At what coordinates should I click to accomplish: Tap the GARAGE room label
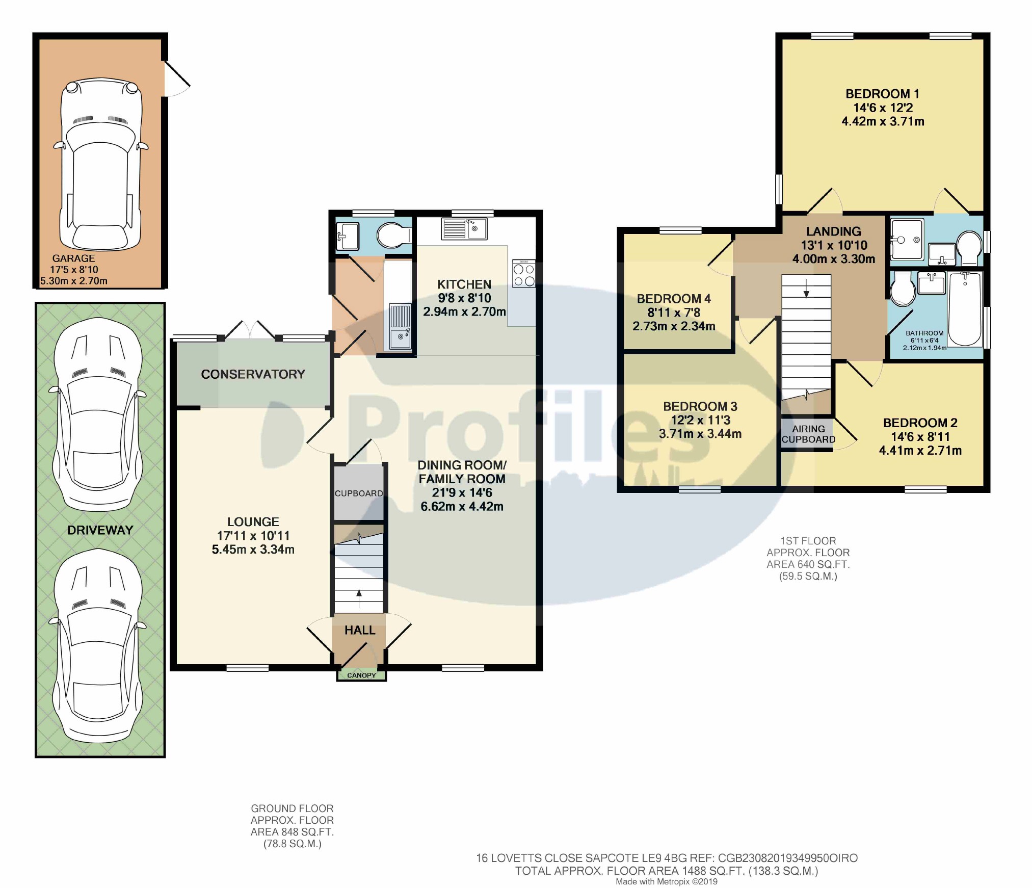coord(73,258)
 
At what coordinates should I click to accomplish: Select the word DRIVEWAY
coord(100,530)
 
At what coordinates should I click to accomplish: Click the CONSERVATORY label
coord(253,374)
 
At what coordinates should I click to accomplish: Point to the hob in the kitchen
coord(524,274)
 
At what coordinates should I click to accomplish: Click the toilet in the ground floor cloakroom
coord(394,236)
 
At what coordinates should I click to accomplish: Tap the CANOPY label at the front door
coord(361,675)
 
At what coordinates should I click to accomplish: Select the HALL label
coord(360,630)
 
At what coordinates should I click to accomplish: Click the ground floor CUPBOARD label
coord(359,493)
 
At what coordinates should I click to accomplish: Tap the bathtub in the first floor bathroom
coord(965,309)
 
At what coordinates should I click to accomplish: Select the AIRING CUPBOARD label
coord(808,434)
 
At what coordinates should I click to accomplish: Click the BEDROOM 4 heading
coord(674,299)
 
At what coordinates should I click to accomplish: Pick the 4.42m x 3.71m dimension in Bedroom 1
coord(883,121)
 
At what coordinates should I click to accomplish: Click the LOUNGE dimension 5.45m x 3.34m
coord(253,549)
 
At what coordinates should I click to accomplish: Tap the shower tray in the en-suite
coord(907,239)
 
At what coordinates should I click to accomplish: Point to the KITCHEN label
coord(464,284)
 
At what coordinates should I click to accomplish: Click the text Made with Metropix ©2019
coord(667,881)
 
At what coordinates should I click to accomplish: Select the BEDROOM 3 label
coord(700,406)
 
